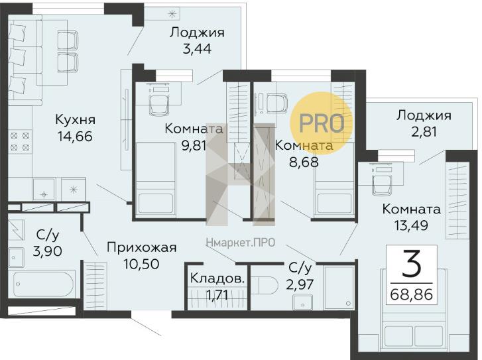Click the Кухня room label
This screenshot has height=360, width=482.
[x=76, y=119]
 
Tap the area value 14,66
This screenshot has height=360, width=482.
[x=75, y=136]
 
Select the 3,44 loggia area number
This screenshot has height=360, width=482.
[x=197, y=49]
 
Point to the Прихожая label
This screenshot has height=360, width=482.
[x=142, y=248]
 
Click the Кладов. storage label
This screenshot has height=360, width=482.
[x=217, y=279]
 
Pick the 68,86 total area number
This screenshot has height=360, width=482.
[x=412, y=295]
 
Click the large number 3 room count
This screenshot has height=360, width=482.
[x=412, y=263]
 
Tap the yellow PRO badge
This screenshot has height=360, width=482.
[x=322, y=123]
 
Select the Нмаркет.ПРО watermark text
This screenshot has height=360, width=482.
[x=241, y=243]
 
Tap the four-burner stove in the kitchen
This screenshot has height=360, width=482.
[x=21, y=141]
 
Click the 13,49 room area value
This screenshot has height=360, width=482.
[x=411, y=225]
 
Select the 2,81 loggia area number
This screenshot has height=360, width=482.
[x=424, y=132]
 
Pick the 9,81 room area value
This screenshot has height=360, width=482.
[x=194, y=146]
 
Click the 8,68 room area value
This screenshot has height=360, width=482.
[x=304, y=162]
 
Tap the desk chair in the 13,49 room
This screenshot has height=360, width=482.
[x=382, y=185]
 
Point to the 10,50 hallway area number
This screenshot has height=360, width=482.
[x=141, y=264]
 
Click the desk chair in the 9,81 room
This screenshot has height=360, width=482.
[x=159, y=105]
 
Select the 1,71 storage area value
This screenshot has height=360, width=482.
[x=217, y=296]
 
